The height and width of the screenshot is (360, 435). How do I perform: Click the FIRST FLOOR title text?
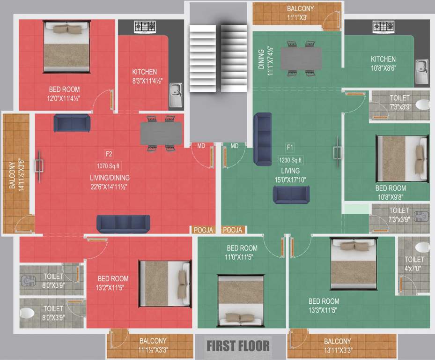coord(238,346)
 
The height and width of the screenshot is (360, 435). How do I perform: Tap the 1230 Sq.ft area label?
coord(291,160)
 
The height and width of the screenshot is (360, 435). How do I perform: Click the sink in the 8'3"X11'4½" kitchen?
coord(176,92)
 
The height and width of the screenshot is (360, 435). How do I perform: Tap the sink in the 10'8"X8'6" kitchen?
coord(421,71)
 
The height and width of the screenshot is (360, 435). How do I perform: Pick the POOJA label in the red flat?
coord(203,230)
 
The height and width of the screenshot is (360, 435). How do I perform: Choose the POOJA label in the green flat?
coord(233,230)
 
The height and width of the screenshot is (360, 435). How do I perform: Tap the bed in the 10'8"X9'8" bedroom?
coord(402,158)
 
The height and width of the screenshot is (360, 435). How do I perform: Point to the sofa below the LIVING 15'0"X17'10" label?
coord(291,195)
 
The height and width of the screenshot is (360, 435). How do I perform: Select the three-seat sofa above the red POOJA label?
coord(123,224)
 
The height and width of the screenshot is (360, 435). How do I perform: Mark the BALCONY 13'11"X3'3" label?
coord(337,346)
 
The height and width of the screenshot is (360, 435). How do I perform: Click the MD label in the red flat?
coord(201,146)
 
